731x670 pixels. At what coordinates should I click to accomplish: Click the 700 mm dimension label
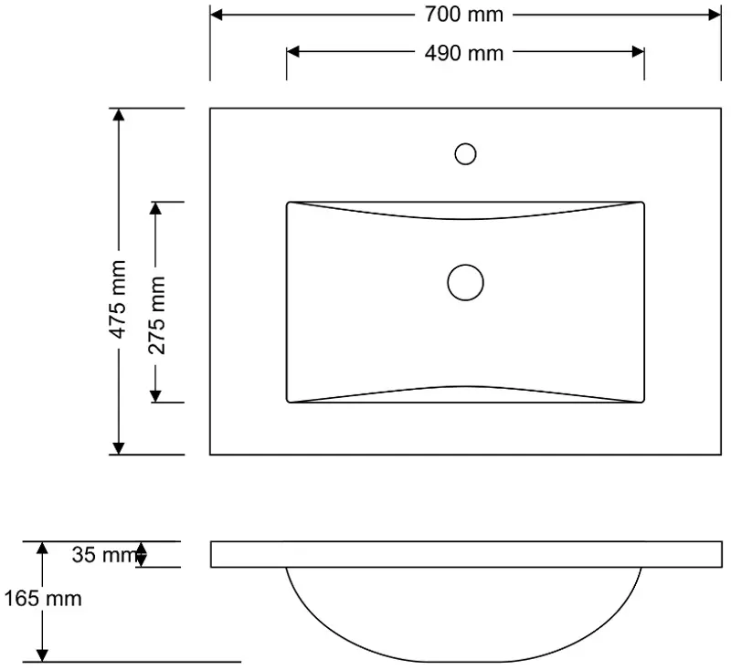[x=464, y=15]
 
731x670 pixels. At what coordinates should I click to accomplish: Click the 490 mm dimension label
[x=464, y=53]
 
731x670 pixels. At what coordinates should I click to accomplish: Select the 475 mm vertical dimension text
[x=118, y=299]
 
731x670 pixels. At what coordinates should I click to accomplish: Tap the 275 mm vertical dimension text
[x=157, y=315]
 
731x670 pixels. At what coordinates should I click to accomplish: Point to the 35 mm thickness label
[x=106, y=555]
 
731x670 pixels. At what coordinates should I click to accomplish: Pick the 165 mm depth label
[x=43, y=598]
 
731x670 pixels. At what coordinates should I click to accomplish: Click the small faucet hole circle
[x=465, y=154]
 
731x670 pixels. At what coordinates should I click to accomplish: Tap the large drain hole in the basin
[x=465, y=283]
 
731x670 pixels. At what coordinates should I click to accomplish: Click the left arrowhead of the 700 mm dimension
[x=217, y=15]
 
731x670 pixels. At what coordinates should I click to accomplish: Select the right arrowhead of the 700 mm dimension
[x=715, y=15]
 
